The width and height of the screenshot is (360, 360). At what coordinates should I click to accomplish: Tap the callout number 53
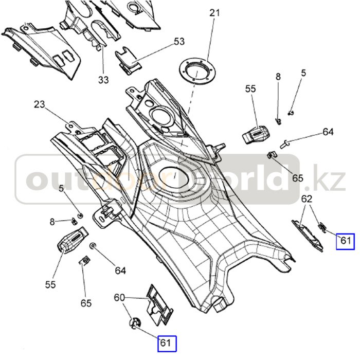click(179, 42)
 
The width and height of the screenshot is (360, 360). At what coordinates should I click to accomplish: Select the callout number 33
click(103, 80)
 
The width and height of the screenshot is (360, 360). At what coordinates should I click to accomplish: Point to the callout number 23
click(40, 104)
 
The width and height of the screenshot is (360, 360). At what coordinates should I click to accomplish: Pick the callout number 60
click(119, 297)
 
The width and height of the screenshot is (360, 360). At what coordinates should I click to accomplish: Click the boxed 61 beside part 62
click(345, 240)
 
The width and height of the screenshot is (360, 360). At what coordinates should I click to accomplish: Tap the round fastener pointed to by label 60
click(136, 323)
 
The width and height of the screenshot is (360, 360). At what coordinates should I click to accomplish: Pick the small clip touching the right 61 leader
click(323, 227)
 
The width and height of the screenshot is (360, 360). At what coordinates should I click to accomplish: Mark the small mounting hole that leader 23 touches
click(70, 124)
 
